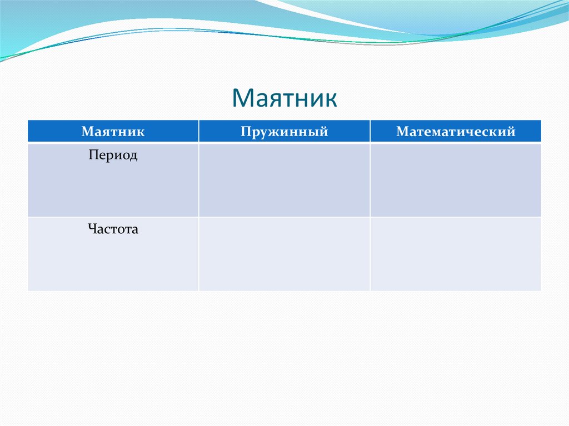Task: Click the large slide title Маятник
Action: coord(284,98)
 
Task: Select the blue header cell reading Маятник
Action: coord(113,131)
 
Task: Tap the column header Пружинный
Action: coord(284,131)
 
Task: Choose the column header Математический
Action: coord(456,131)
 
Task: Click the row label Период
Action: coord(113,156)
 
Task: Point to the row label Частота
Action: coord(113,229)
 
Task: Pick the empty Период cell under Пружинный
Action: coord(284,181)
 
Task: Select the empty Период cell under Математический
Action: coord(456,181)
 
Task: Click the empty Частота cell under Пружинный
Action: coord(284,254)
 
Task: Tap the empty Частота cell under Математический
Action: coord(456,254)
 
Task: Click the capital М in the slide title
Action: coord(243,98)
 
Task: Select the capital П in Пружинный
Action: coord(246,131)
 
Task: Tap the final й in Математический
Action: coord(511,132)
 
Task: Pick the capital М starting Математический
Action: coord(402,131)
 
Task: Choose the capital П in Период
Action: coord(93,154)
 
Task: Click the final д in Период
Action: coord(133,157)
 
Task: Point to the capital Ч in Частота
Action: coord(93,229)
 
